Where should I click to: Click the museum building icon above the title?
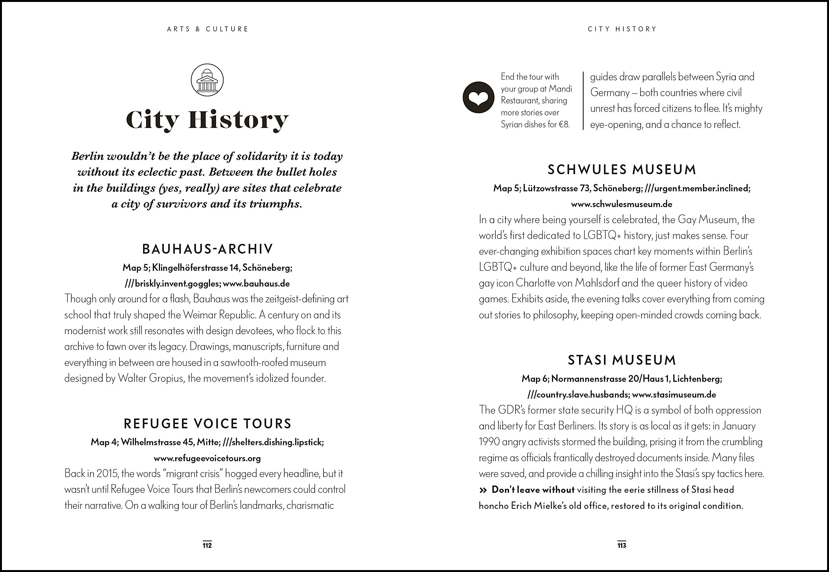tap(207, 80)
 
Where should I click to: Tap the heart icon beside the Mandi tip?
tap(479, 97)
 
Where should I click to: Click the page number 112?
tap(207, 545)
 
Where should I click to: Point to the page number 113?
tap(621, 545)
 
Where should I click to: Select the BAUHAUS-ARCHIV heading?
tap(208, 249)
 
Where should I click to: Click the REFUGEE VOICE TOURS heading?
tap(208, 424)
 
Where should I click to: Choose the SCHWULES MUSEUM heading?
tap(621, 169)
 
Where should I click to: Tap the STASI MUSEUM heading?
tap(621, 360)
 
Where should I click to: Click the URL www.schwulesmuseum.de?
tap(621, 204)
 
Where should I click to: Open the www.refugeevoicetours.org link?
tap(207, 458)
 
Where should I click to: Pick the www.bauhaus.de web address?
tap(256, 283)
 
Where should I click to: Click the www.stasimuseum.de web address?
tap(674, 395)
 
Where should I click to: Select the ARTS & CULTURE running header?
tap(208, 29)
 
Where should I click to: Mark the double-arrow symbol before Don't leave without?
tap(483, 490)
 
